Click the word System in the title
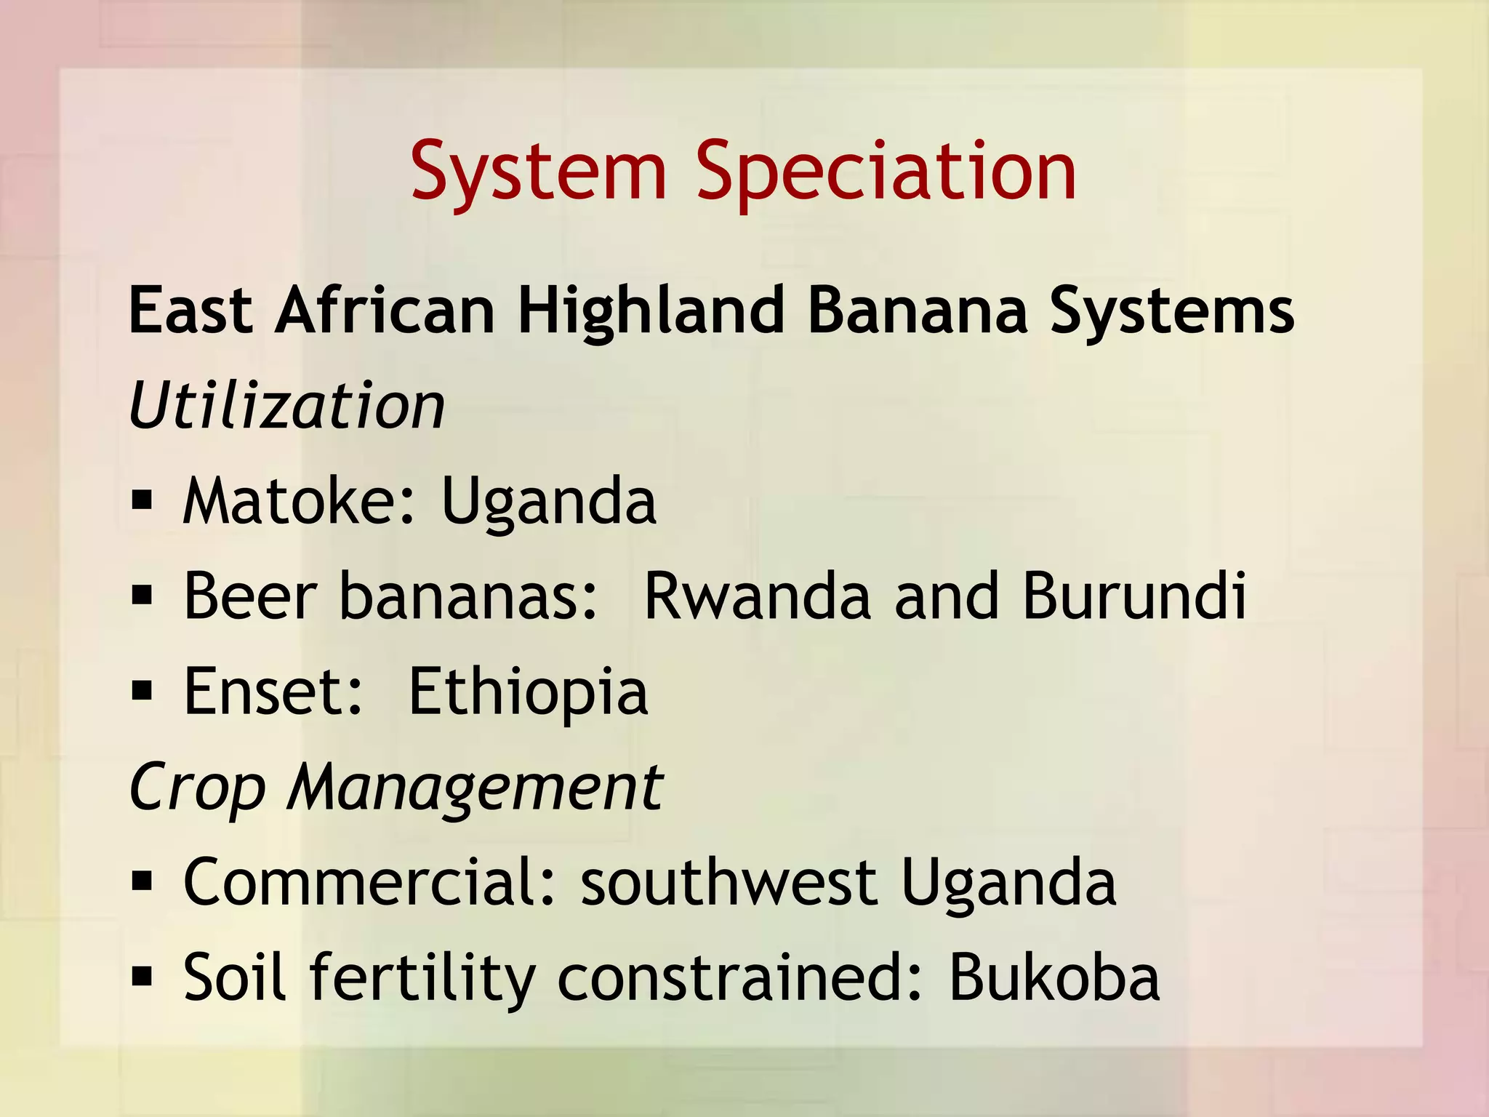click(538, 172)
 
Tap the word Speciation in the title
click(886, 172)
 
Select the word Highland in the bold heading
click(651, 311)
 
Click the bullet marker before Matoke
click(142, 501)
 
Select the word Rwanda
click(757, 596)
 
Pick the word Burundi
click(1134, 596)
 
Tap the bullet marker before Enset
click(142, 692)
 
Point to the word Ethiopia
click(528, 693)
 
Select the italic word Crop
click(196, 788)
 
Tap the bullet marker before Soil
click(142, 977)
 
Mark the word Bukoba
click(1053, 977)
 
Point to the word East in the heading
click(190, 311)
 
